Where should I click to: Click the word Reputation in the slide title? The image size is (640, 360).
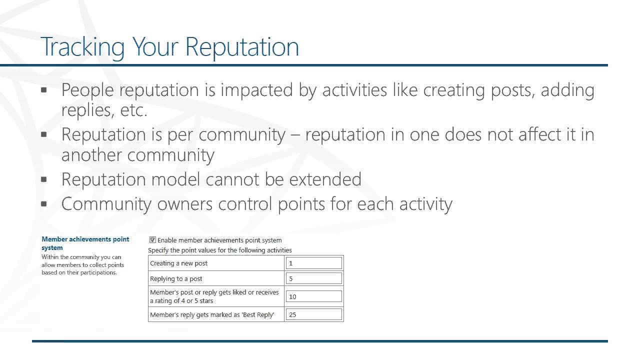[x=242, y=46]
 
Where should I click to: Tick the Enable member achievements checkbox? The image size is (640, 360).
[x=153, y=240]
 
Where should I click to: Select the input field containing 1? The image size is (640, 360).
[x=314, y=263]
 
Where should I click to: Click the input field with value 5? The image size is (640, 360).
[x=314, y=278]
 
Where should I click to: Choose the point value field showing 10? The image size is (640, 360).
[x=314, y=296]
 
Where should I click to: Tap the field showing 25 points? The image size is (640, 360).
[x=314, y=314]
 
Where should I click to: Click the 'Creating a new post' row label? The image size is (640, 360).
[x=178, y=263]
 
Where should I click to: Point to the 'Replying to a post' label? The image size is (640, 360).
[x=176, y=278]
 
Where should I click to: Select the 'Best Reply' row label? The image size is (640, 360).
[x=212, y=314]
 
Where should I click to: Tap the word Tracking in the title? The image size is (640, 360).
[x=82, y=46]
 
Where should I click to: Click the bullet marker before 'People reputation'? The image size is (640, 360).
[x=44, y=90]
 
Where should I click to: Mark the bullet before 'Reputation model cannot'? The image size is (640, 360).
[x=44, y=179]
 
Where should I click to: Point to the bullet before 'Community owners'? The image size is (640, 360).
[x=44, y=203]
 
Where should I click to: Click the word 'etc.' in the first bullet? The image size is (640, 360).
[x=133, y=110]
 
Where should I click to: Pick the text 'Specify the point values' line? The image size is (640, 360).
[x=219, y=250]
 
